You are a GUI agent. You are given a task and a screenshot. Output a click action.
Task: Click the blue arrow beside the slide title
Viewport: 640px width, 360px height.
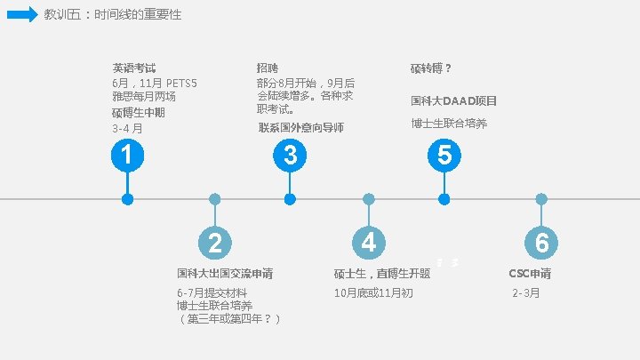pyautogui.click(x=22, y=15)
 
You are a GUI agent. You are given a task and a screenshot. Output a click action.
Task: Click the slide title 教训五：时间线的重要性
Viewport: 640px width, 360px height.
pyautogui.click(x=112, y=15)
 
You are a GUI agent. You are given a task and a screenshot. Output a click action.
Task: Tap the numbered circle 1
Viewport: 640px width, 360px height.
pyautogui.click(x=128, y=155)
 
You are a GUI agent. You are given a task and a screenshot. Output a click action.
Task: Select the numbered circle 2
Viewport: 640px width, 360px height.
pyautogui.click(x=214, y=243)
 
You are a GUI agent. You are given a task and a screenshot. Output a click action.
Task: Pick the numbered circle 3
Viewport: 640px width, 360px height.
pyautogui.click(x=289, y=155)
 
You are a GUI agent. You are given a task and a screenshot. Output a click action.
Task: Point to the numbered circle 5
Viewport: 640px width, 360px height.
pyautogui.click(x=444, y=155)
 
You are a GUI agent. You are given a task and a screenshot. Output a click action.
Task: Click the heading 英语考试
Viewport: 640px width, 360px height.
pyautogui.click(x=134, y=68)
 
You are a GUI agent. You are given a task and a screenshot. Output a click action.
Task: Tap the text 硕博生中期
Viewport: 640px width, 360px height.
pyautogui.click(x=139, y=113)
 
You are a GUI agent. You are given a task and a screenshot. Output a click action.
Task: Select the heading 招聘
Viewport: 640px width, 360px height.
pyautogui.click(x=267, y=68)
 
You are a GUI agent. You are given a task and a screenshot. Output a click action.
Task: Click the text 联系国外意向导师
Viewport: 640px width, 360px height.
pyautogui.click(x=301, y=128)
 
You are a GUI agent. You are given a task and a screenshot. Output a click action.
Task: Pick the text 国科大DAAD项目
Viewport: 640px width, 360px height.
pyautogui.click(x=453, y=100)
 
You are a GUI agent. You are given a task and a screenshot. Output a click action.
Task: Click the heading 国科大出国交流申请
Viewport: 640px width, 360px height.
pyautogui.click(x=224, y=273)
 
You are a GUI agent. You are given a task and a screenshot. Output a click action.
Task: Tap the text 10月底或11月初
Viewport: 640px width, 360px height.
pyautogui.click(x=373, y=292)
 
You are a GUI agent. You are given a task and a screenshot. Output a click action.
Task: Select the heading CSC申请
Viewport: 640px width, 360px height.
pyautogui.click(x=530, y=273)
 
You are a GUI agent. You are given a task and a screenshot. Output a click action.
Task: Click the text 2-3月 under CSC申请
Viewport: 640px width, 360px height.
pyautogui.click(x=526, y=292)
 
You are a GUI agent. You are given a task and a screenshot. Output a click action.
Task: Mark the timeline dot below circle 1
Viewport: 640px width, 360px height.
pyautogui.click(x=128, y=199)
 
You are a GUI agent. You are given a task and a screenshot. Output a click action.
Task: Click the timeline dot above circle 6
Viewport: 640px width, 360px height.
pyautogui.click(x=541, y=199)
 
